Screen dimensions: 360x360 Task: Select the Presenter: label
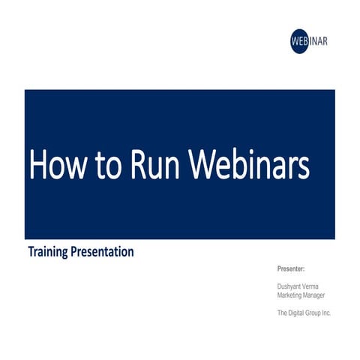291,268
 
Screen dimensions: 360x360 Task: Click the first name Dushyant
289,286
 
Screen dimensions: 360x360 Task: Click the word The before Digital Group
283,313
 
